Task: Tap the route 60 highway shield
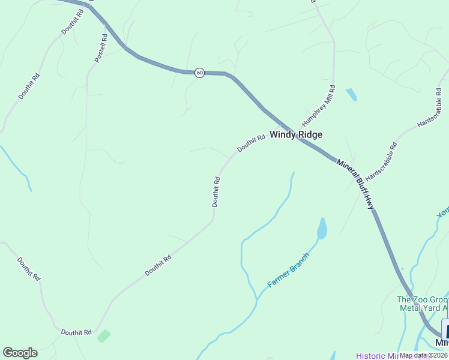(200, 73)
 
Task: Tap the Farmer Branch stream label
(289, 270)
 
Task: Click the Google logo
(20, 353)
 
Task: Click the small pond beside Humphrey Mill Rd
(351, 94)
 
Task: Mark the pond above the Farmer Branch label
(322, 229)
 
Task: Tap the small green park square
(104, 335)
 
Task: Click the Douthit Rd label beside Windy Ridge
(251, 143)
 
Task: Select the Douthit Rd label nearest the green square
(76, 332)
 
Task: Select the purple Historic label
(372, 355)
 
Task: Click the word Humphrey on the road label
(315, 112)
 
